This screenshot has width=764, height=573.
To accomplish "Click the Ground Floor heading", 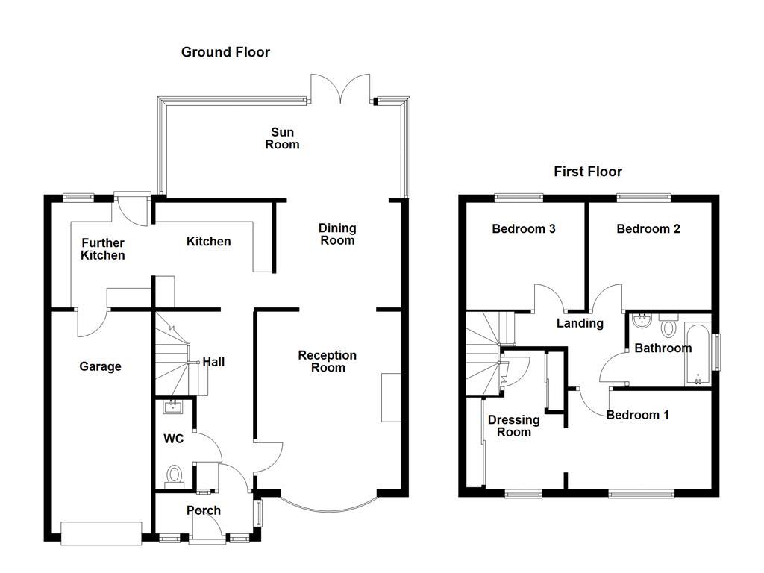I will point(225,52).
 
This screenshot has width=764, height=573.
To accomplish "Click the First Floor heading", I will point(587,172).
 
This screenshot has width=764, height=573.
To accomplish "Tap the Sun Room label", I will point(282,139).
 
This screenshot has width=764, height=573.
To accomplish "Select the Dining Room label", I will point(337,234).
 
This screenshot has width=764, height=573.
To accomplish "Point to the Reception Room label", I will point(327,361).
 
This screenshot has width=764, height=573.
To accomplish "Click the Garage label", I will point(100,366).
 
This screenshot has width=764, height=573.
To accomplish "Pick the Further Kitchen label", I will point(103,249).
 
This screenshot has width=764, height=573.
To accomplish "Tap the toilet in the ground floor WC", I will point(175,475).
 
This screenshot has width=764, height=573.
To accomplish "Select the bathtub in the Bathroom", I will point(698,354).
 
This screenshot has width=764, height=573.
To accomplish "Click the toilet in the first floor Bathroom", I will point(668,326).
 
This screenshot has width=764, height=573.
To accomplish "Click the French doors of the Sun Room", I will point(340,90).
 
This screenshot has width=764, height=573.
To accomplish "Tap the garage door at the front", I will point(101,532).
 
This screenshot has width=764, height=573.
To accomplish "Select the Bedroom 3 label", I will point(523,229).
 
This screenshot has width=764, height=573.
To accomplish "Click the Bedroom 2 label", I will point(648,229).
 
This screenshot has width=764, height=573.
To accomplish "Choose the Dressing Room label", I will point(513,426).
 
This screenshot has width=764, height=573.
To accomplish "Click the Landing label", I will point(580,323).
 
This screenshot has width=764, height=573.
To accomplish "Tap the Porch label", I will point(203,510).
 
